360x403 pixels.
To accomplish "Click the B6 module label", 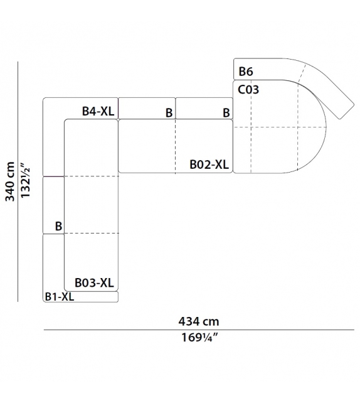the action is click(x=246, y=72).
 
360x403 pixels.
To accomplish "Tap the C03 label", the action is click(x=248, y=90).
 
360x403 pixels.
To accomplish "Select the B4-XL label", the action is click(x=98, y=112).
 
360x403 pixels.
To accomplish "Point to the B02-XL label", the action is click(x=209, y=164).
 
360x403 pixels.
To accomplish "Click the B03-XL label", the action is click(x=94, y=282).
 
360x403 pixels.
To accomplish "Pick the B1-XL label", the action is click(x=60, y=296).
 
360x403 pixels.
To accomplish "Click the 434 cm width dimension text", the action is click(x=199, y=321).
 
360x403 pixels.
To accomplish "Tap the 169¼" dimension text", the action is click(x=199, y=338).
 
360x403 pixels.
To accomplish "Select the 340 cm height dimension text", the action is click(x=10, y=181).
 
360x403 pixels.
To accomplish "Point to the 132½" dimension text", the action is click(x=26, y=180).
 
